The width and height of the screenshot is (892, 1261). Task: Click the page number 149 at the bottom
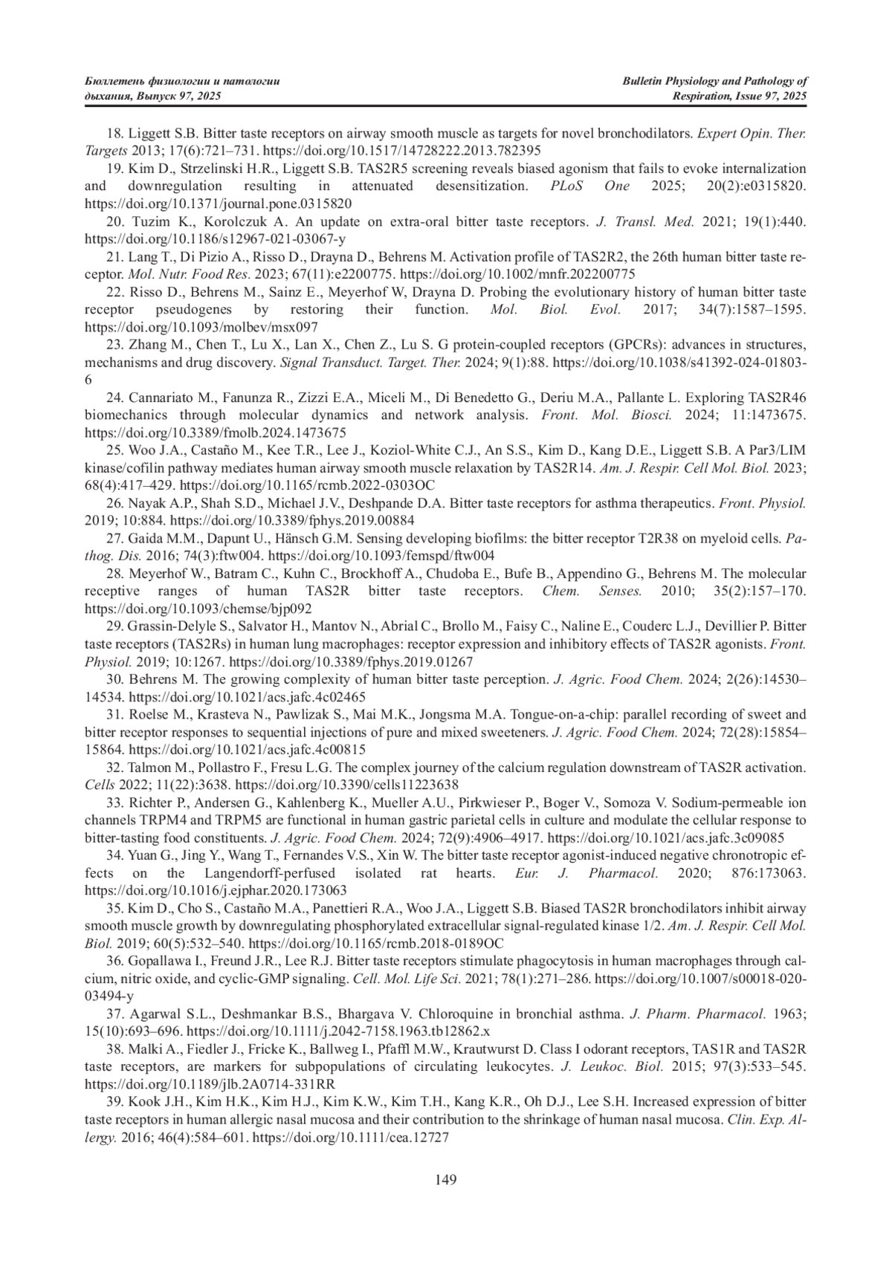point(446,1179)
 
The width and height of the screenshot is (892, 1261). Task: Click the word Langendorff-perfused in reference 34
point(270,872)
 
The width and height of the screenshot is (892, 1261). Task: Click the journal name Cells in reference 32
point(99,785)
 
